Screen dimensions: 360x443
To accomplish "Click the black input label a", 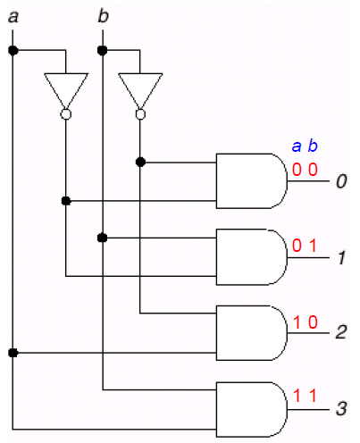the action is [13, 17].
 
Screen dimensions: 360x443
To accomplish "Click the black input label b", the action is [104, 16].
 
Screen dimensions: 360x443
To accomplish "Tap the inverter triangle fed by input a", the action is [66, 90].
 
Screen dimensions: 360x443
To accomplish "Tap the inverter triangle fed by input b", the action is [140, 90].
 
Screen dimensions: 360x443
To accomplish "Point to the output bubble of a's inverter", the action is [66, 114].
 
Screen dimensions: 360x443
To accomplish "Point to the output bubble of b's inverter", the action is [140, 114].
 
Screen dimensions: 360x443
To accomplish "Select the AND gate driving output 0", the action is [252, 181].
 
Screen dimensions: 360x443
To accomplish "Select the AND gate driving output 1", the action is [252, 257].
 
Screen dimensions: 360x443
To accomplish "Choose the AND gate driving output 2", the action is [252, 333].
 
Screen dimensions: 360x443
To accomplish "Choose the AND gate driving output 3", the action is [252, 409].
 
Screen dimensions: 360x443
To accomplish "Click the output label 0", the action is [341, 181].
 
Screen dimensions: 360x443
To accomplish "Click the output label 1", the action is [342, 257].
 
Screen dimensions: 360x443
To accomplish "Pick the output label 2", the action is [341, 332].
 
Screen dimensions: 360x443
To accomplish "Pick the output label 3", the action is [341, 408].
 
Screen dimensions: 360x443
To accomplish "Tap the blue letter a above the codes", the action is [297, 146].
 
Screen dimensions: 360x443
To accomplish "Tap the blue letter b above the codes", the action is [313, 146].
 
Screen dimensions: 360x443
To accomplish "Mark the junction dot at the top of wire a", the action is [13, 51].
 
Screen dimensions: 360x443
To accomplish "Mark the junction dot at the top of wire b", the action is [102, 51].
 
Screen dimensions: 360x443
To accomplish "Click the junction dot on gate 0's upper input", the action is [140, 163].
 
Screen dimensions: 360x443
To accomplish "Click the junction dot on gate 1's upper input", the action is [102, 238].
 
